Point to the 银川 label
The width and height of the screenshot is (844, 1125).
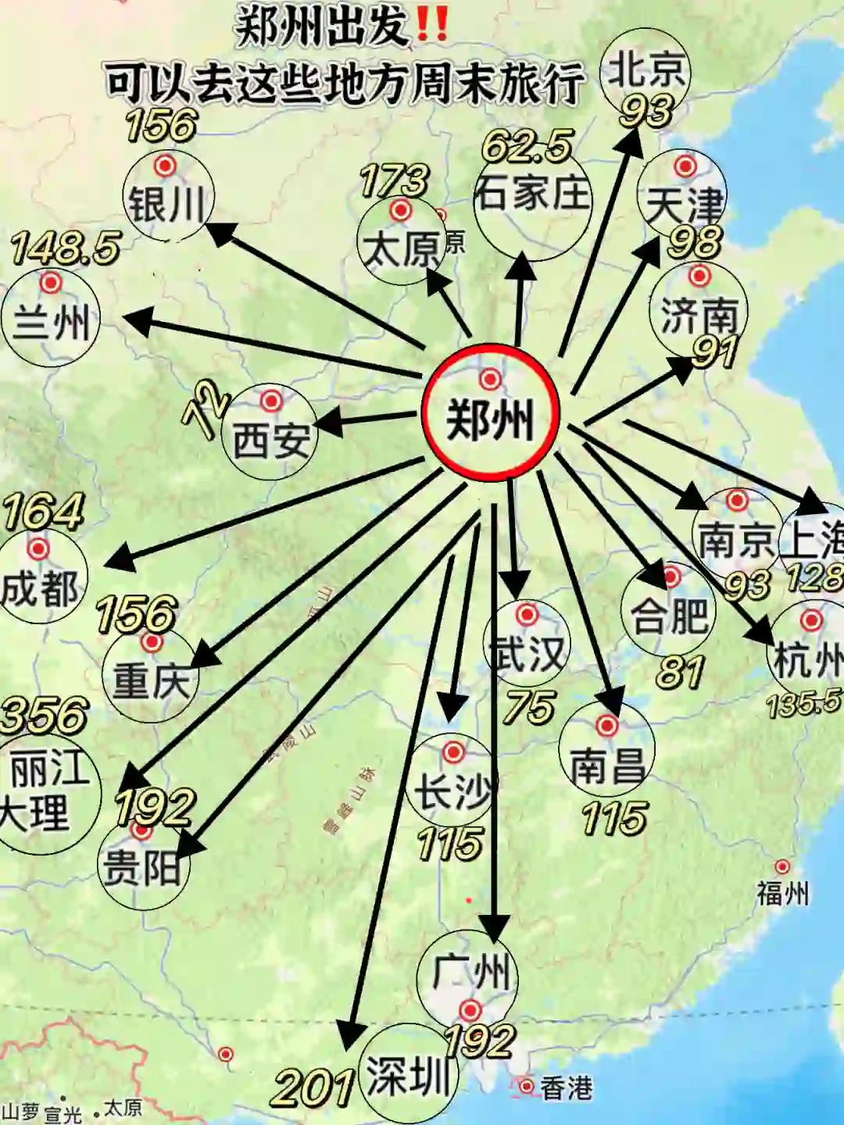tap(166, 205)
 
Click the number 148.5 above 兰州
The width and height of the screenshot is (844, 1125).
tap(66, 248)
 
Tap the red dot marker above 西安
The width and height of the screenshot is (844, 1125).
tap(271, 401)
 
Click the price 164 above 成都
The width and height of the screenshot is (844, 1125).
tap(43, 512)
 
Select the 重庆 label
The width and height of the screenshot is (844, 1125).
tap(151, 680)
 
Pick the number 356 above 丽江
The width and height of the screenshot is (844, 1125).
tap(45, 716)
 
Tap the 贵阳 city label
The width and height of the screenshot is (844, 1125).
tap(141, 868)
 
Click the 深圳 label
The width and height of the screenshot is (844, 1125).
tap(407, 1076)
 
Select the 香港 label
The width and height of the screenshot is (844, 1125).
tap(566, 1088)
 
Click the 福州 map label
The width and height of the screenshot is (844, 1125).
tap(782, 892)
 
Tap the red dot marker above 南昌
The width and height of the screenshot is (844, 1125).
tap(607, 726)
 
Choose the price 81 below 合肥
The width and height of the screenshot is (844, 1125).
tap(680, 672)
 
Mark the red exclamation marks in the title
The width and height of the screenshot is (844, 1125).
tap(432, 26)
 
